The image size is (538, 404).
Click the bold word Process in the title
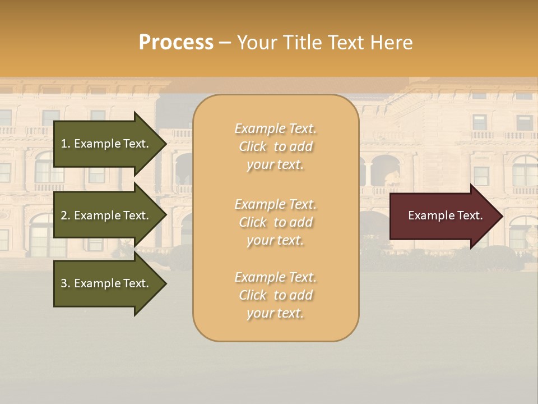pyautogui.click(x=176, y=43)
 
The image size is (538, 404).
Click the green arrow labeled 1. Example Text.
pyautogui.click(x=106, y=144)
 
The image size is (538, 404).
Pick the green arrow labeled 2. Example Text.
pyautogui.click(x=106, y=215)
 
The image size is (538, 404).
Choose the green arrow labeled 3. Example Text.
pyautogui.click(x=106, y=283)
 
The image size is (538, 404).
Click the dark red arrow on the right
pyautogui.click(x=443, y=216)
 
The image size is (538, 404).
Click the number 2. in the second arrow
pyautogui.click(x=65, y=215)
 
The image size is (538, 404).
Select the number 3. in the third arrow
pyautogui.click(x=65, y=283)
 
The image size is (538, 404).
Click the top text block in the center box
pyautogui.click(x=275, y=146)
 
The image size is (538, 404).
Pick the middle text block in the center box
pyautogui.click(x=275, y=222)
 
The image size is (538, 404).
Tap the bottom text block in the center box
pyautogui.click(x=275, y=295)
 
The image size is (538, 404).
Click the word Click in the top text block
pyautogui.click(x=253, y=146)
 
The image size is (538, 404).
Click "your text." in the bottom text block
pyautogui.click(x=275, y=314)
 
